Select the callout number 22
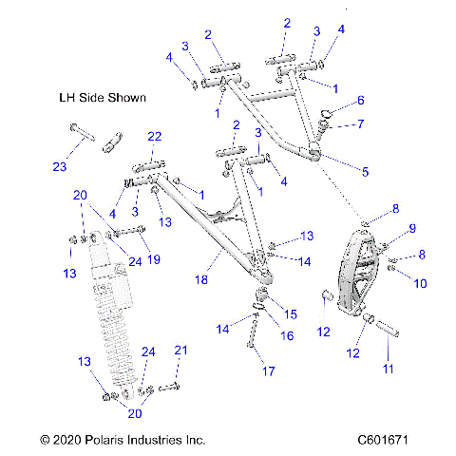[x=154, y=139]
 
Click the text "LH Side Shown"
[x=104, y=98]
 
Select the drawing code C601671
[x=398, y=441]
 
